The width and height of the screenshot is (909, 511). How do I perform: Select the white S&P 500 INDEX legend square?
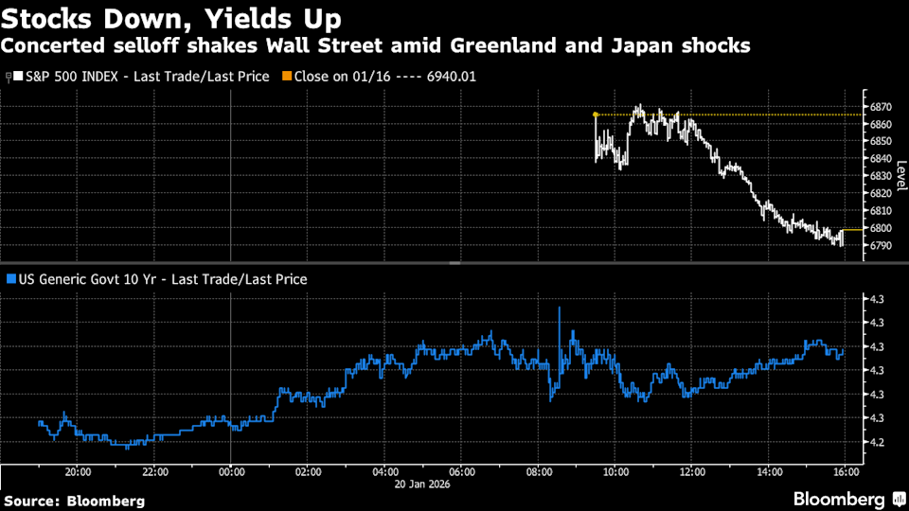pyautogui.click(x=21, y=76)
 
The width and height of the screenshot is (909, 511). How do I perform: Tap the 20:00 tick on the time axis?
pyautogui.click(x=78, y=472)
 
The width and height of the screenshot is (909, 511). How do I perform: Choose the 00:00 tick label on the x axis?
pyautogui.click(x=231, y=472)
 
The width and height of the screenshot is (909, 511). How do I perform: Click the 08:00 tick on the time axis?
pyautogui.click(x=538, y=472)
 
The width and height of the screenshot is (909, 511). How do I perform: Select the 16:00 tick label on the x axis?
pyautogui.click(x=845, y=472)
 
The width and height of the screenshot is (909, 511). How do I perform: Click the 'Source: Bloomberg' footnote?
pyautogui.click(x=75, y=500)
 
